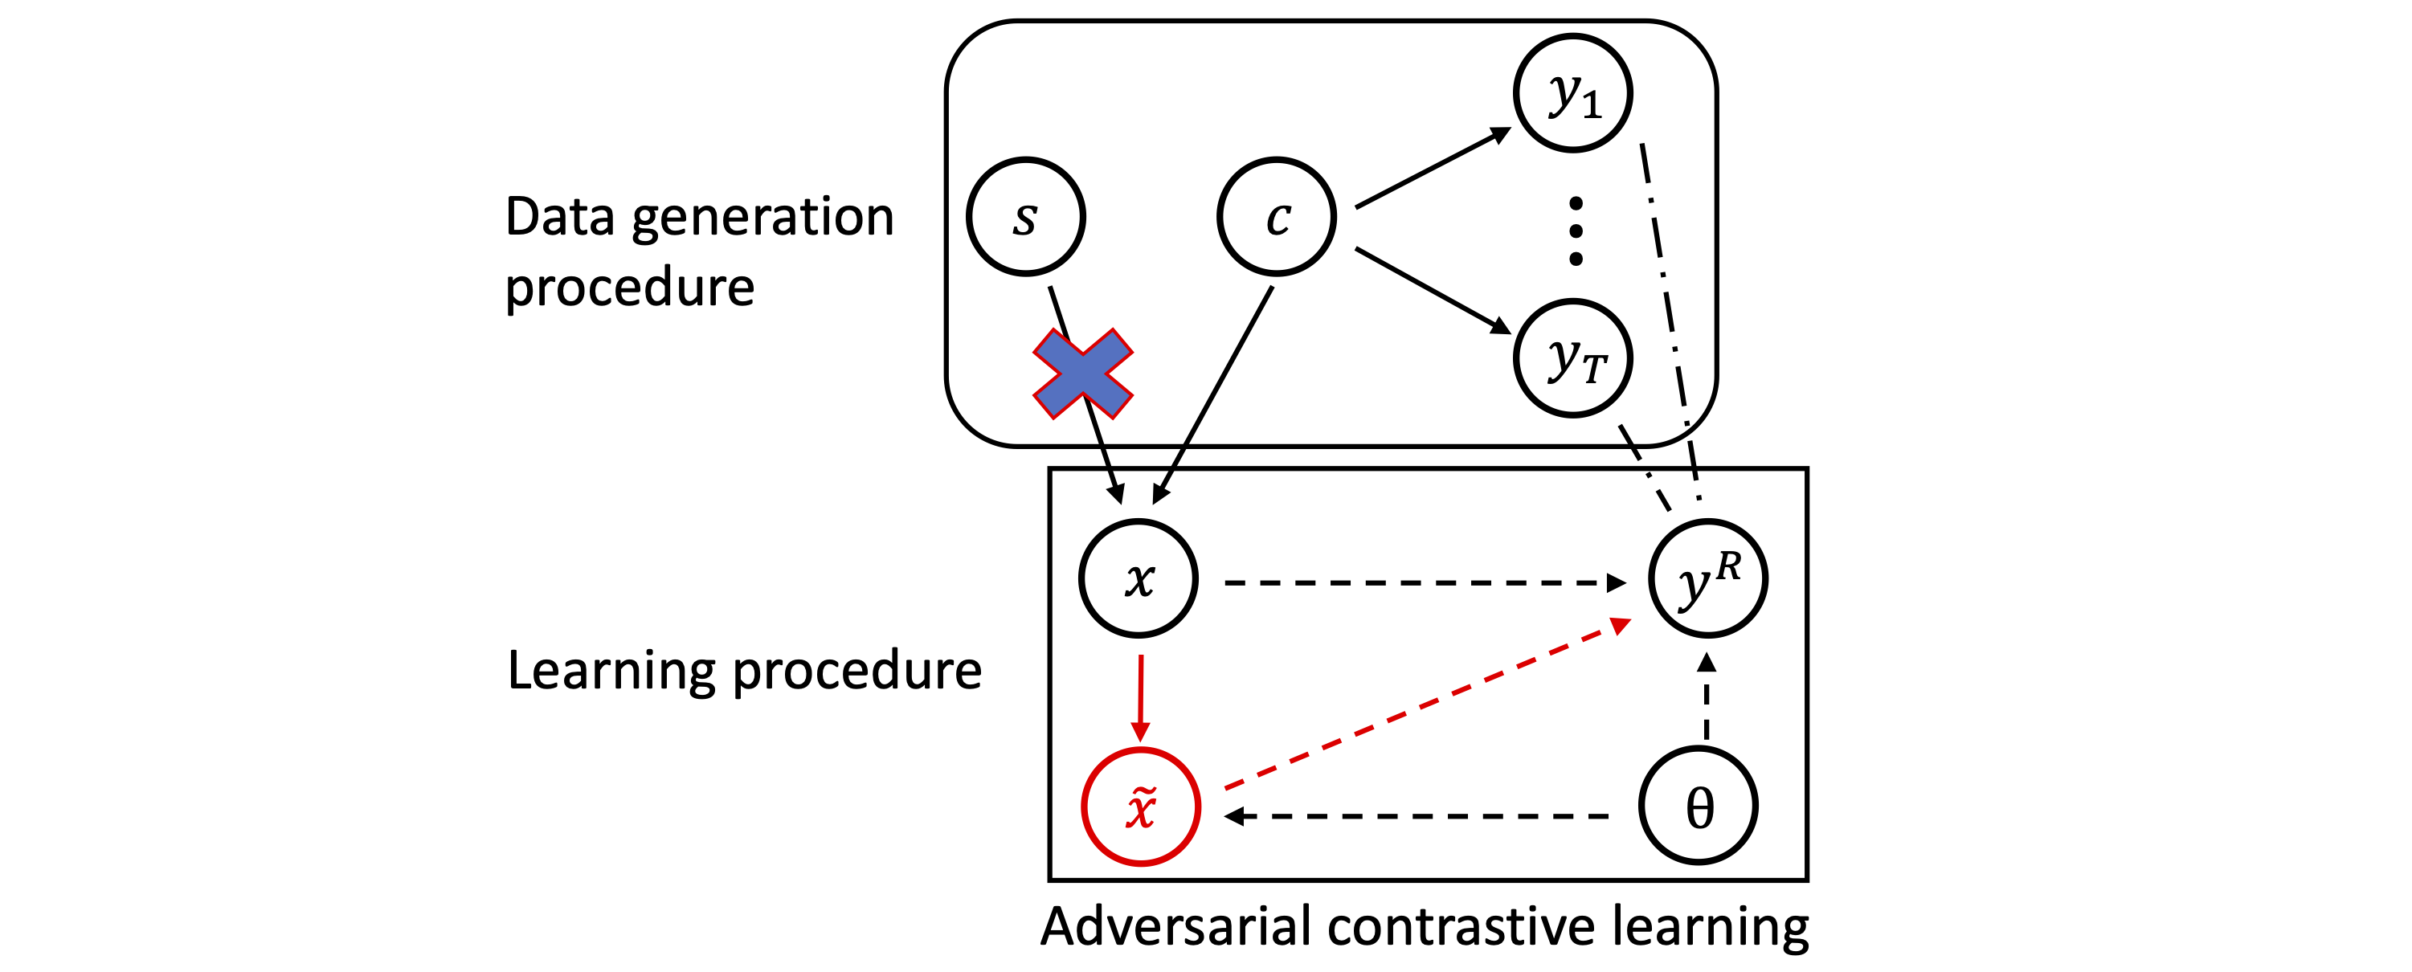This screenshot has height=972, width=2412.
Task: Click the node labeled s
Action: click(x=1025, y=216)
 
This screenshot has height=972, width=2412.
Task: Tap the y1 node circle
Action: click(x=1573, y=92)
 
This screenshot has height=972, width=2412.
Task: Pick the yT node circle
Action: click(x=1573, y=357)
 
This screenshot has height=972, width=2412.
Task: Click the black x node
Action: click(x=1139, y=578)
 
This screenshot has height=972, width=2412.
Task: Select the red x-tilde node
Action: click(x=1140, y=807)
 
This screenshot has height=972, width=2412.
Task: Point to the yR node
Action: click(x=1708, y=578)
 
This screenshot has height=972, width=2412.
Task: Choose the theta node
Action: click(x=1699, y=806)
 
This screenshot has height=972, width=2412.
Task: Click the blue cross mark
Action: click(x=1082, y=373)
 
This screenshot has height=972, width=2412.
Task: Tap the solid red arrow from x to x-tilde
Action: click(x=1140, y=697)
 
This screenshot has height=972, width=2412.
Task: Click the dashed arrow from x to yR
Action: click(x=1423, y=582)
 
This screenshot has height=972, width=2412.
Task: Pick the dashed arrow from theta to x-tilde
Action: click(x=1419, y=815)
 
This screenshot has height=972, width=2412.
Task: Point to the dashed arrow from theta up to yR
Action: click(x=1707, y=697)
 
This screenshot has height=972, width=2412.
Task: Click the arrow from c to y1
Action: click(x=1433, y=169)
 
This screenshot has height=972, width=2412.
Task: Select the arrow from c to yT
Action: click(x=1433, y=290)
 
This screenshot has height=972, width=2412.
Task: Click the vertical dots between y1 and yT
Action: click(x=1576, y=231)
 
